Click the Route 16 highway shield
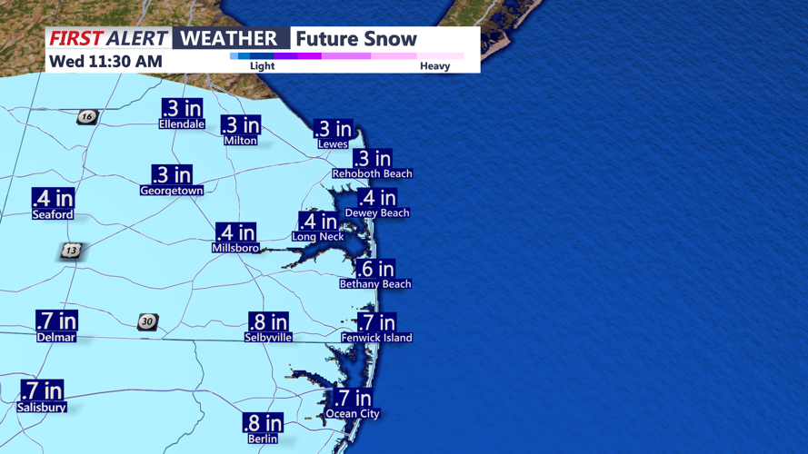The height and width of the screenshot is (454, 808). click(x=87, y=117)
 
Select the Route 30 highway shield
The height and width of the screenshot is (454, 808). click(x=147, y=322)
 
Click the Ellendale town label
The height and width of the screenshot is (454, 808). click(x=182, y=123)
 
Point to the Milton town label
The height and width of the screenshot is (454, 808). click(x=241, y=141)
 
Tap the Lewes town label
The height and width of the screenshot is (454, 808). click(x=333, y=144)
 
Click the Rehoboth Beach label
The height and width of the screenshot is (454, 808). click(x=372, y=173)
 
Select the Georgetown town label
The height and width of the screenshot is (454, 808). click(x=172, y=191)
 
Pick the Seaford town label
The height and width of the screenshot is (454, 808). click(x=53, y=215)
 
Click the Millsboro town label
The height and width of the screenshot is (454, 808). click(x=235, y=248)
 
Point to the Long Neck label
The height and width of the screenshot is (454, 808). click(x=317, y=237)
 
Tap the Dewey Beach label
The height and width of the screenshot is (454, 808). click(x=377, y=213)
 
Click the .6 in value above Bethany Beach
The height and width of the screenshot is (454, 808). click(x=375, y=269)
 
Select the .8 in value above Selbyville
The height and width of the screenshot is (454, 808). click(x=268, y=322)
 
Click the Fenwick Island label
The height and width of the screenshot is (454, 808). click(x=376, y=338)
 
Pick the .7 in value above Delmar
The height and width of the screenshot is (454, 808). click(x=56, y=321)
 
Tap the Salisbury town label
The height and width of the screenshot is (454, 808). click(x=42, y=408)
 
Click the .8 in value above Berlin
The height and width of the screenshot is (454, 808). click(x=263, y=423)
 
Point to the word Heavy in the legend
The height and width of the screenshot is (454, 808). click(x=434, y=66)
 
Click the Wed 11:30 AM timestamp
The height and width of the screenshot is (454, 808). click(x=106, y=62)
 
